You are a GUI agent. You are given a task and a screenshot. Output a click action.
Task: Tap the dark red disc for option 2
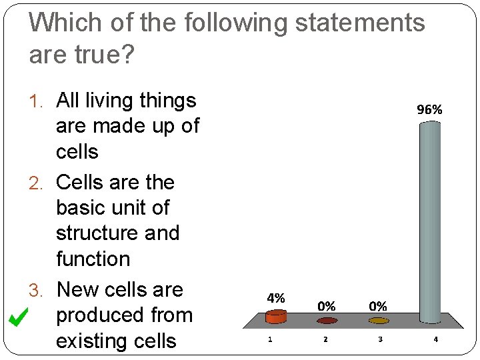pos(326,321)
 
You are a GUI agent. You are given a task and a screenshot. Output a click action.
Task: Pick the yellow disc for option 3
pos(378,321)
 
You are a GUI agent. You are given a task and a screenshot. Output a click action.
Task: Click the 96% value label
pos(429,110)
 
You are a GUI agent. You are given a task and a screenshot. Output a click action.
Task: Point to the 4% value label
pos(276,298)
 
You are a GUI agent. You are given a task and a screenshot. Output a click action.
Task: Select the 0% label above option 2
pos(326,307)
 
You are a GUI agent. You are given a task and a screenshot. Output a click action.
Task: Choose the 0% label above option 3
pos(378,307)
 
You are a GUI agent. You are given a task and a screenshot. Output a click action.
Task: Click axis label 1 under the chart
pos(269,339)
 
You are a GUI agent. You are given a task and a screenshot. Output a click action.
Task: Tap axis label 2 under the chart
pos(325,339)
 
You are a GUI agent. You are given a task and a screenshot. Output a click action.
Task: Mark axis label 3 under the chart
pos(380,339)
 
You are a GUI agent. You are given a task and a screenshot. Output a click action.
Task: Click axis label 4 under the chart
pos(435,339)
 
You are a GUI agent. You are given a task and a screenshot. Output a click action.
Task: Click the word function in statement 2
pos(93,259)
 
